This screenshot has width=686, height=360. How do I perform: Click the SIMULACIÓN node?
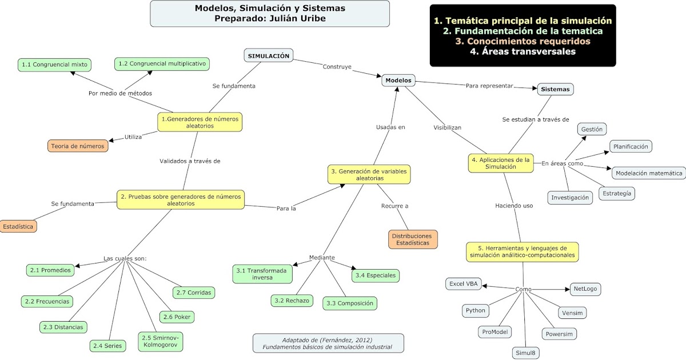click(269, 55)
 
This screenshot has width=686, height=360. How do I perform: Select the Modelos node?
click(398, 81)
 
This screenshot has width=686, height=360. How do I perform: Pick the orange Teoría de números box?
click(78, 146)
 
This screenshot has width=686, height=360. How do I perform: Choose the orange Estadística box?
click(18, 226)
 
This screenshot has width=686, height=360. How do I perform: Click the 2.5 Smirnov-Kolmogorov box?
click(161, 342)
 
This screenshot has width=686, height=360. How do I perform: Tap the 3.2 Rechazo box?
click(292, 300)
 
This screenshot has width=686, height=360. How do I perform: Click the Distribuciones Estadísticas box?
click(412, 239)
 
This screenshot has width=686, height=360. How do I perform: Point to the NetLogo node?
click(585, 289)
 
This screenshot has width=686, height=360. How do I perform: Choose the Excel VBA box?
click(464, 283)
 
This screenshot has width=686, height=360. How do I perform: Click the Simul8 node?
click(525, 353)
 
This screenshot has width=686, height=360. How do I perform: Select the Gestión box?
click(592, 130)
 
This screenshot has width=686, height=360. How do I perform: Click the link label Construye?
click(337, 66)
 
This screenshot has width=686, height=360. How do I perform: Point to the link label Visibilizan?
click(448, 127)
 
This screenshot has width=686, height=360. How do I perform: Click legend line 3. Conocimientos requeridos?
click(523, 41)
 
